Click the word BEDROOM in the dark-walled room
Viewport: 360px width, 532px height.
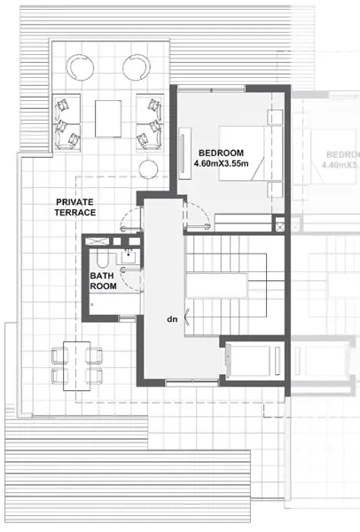point(216,153)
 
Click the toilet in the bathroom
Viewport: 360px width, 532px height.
point(102,258)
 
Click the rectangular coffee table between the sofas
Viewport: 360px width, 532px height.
point(107,118)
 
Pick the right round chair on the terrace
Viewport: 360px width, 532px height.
point(136,67)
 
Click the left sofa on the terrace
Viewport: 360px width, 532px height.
point(66,121)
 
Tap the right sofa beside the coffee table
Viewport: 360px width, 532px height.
point(149,121)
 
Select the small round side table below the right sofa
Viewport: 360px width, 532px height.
point(147,168)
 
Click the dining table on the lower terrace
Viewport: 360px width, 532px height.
point(75,364)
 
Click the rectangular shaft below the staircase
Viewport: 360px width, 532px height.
point(249,361)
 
